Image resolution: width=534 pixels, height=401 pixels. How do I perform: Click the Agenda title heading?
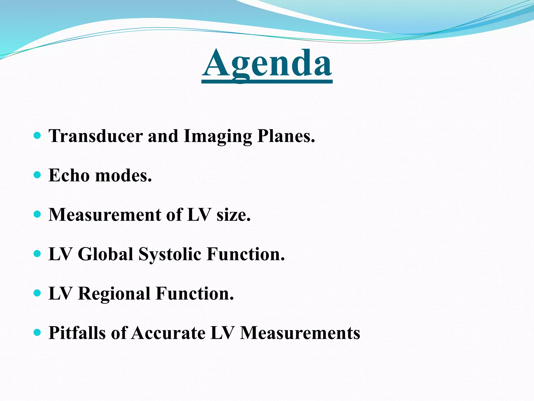point(267,64)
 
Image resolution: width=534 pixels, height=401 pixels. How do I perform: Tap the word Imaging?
point(217,136)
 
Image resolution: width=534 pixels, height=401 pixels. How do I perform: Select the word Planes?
point(286,136)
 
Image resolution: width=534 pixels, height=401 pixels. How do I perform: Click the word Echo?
point(69,175)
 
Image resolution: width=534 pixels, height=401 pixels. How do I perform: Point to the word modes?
point(124,175)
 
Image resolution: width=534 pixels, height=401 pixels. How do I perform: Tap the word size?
point(233,215)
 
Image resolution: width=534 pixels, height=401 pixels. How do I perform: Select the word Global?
point(106,254)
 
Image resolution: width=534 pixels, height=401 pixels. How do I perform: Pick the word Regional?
point(114,294)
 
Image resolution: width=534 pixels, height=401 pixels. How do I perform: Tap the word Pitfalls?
point(77,333)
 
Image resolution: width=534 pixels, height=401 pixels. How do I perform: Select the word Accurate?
point(168,333)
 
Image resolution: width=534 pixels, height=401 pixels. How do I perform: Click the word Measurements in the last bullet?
point(300,333)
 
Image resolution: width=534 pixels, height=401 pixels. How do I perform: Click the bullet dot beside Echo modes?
point(38,175)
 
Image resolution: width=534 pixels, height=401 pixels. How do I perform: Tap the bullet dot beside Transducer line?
point(38,135)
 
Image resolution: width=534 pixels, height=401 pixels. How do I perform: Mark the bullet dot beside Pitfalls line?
point(38,332)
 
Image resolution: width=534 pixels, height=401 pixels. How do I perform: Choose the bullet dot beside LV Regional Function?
point(38,293)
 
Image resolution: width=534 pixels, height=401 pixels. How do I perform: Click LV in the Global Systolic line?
point(60,254)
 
